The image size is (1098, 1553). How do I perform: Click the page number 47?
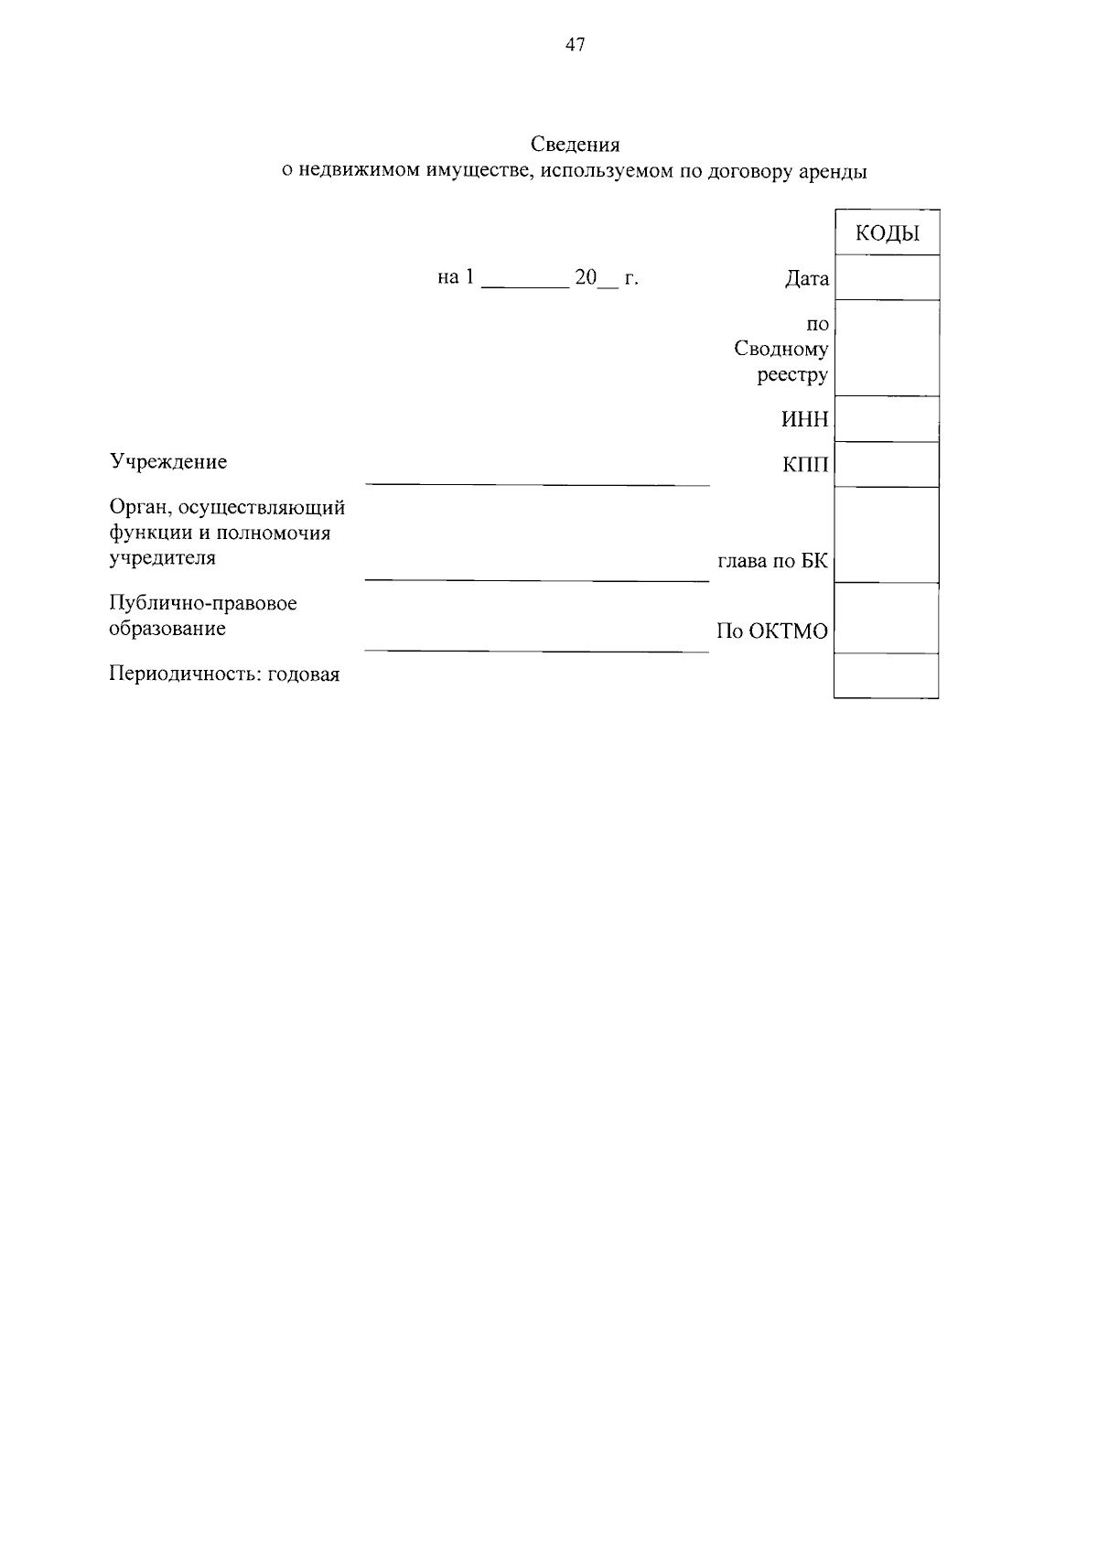[x=576, y=45]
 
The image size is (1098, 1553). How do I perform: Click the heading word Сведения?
[x=575, y=145]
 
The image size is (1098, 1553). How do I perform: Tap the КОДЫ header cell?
[x=887, y=233]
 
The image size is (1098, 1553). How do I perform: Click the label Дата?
[x=806, y=279]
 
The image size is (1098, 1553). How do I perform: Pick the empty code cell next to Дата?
[x=887, y=277]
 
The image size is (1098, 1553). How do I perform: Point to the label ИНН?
[x=804, y=420]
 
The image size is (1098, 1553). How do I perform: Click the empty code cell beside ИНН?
[x=887, y=419]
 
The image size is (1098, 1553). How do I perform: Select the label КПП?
[x=805, y=465]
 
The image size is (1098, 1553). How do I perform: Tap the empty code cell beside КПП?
[x=887, y=465]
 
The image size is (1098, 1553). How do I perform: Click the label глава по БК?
[x=772, y=561]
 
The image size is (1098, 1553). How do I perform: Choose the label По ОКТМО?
[x=771, y=631]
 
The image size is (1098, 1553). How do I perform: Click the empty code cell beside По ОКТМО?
[x=887, y=619]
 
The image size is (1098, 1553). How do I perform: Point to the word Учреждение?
[x=168, y=461]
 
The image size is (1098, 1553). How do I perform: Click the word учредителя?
[x=163, y=558]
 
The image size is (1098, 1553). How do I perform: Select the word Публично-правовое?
[x=203, y=604]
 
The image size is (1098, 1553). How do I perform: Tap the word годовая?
[x=303, y=675]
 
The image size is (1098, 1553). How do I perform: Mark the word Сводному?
[x=780, y=349]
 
